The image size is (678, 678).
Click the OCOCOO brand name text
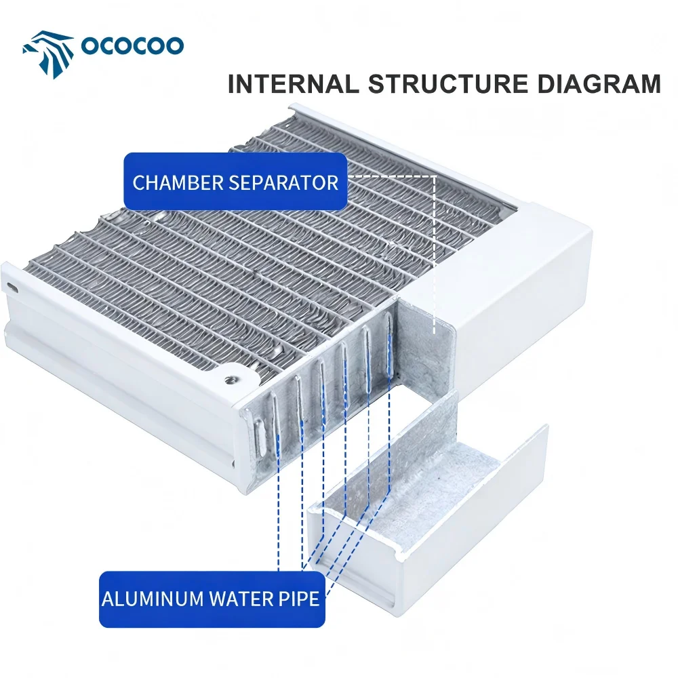(132, 45)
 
